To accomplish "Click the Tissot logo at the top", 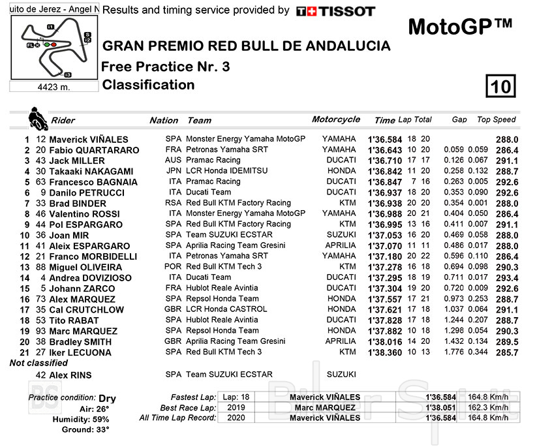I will (x=335, y=11).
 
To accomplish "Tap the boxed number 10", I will (x=500, y=86).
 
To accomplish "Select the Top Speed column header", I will (x=496, y=119).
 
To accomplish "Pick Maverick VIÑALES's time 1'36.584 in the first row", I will (x=385, y=140).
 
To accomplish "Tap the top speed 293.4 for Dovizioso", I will (x=506, y=278).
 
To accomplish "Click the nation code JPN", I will (x=173, y=171).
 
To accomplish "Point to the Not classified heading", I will (x=38, y=363).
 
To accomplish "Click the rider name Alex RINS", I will (x=72, y=375).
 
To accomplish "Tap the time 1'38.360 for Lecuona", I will (x=385, y=352).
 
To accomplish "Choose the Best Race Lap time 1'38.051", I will (x=439, y=407).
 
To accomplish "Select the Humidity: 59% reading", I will (x=84, y=420).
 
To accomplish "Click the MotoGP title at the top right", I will (x=460, y=27).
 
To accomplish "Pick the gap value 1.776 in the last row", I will (x=455, y=352).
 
